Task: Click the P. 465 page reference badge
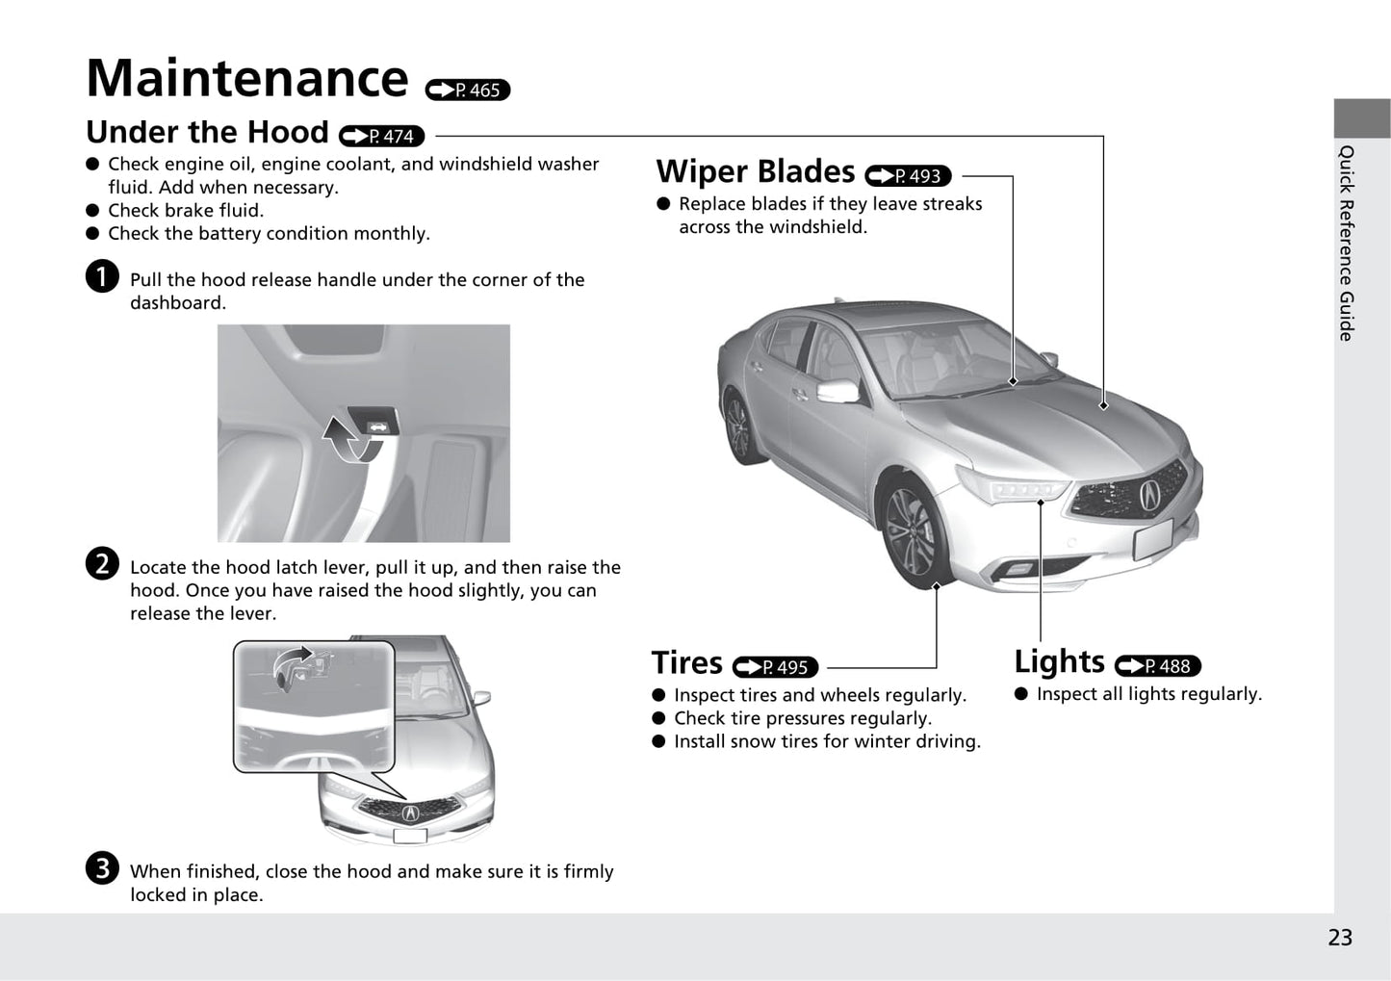coord(468,90)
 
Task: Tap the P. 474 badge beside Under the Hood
coord(382,137)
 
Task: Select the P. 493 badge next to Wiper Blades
coord(908,176)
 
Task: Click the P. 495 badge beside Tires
coord(775,667)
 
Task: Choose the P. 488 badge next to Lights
coord(1157,665)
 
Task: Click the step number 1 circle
coord(102,276)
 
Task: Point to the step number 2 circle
coord(102,563)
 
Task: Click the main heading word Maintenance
coord(247,78)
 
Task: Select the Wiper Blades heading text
coord(756,172)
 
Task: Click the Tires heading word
coord(686,663)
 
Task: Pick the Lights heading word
coord(1059,662)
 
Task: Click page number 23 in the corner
coord(1339,938)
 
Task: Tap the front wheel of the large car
coord(909,534)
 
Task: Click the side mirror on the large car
coord(838,391)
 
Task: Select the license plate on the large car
coord(1152,539)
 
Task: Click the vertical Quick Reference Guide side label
coord(1347,243)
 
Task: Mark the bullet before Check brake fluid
coord(92,210)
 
